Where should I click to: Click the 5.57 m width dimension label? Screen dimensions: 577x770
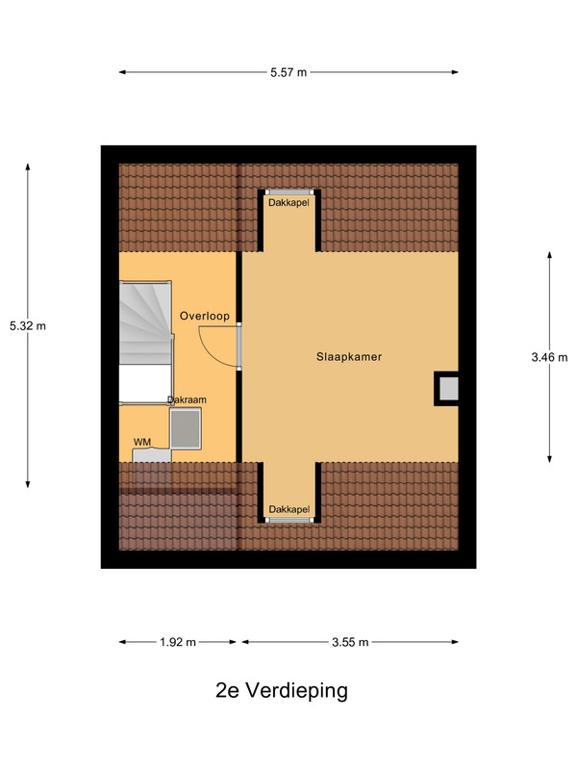[x=288, y=72]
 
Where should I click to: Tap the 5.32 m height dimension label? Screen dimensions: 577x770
[x=28, y=325]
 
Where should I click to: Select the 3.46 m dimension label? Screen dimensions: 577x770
[x=549, y=357]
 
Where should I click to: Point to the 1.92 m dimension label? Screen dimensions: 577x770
[x=178, y=642]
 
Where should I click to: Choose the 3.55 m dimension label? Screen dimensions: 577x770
[x=350, y=642]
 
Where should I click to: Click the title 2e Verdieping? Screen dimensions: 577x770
[x=282, y=690]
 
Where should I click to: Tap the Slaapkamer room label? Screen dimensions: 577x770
[x=349, y=357]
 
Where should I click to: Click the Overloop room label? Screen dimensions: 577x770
[x=205, y=316]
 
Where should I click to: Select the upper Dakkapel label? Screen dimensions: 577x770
[x=288, y=202]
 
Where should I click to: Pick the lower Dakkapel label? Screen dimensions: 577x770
[x=289, y=509]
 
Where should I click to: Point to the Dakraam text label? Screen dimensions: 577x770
[x=187, y=399]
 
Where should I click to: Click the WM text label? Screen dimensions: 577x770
[x=142, y=442]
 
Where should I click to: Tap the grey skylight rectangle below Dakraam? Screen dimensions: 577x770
[x=186, y=428]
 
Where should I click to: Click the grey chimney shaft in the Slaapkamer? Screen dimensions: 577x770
[x=448, y=389]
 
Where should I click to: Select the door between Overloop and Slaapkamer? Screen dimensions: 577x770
[x=238, y=346]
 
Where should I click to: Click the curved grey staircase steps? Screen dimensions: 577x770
[x=145, y=322]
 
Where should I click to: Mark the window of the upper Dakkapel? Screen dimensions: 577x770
[x=289, y=192]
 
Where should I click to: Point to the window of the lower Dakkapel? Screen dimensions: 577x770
[x=289, y=520]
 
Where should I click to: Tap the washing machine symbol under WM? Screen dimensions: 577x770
[x=152, y=455]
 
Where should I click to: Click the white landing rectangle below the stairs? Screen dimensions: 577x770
[x=145, y=384]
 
